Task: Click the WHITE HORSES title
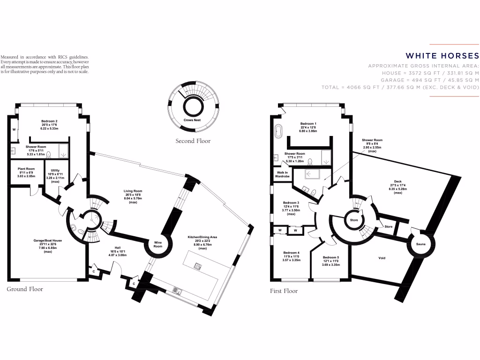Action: [442, 55]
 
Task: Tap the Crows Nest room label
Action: [192, 120]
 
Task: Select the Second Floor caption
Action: [193, 141]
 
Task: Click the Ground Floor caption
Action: [25, 289]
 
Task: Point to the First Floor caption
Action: [284, 291]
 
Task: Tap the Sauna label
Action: [421, 244]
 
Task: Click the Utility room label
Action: [52, 171]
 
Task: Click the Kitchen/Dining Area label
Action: [202, 237]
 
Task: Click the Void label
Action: [382, 258]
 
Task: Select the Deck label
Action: [397, 181]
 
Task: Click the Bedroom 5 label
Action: [331, 257]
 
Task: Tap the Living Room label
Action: [133, 191]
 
